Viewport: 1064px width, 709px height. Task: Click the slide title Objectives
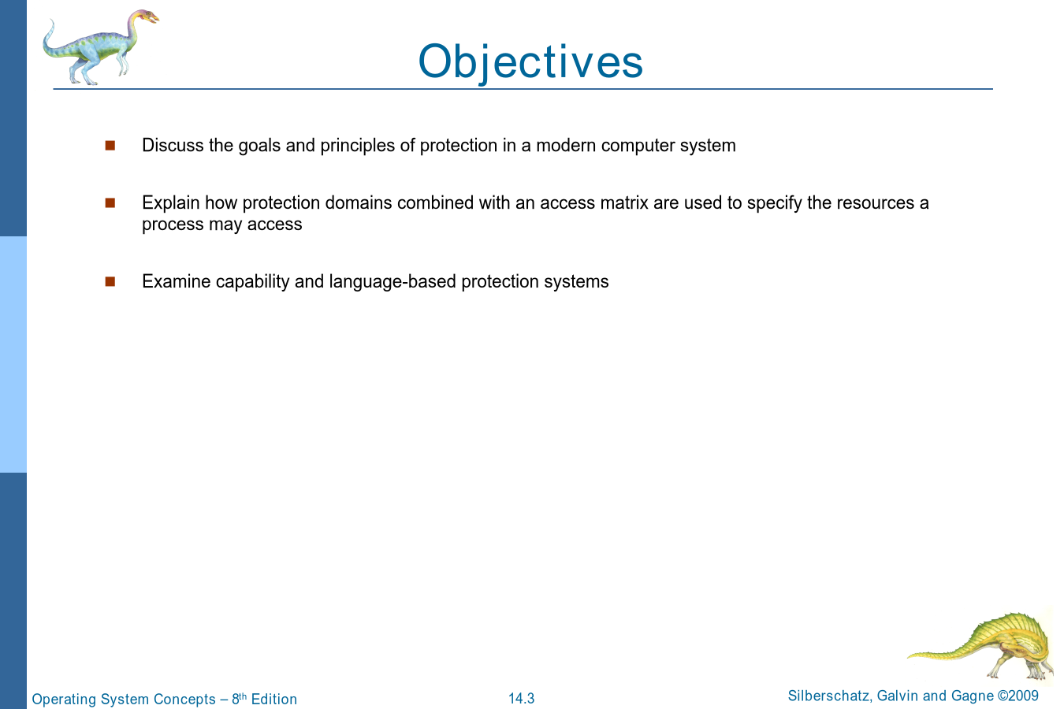530,61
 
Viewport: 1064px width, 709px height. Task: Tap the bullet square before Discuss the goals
110,145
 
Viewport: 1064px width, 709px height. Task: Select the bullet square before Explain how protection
110,202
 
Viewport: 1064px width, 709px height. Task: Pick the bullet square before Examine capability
110,281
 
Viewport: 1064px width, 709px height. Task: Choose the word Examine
177,281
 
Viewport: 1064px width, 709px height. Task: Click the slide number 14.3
521,699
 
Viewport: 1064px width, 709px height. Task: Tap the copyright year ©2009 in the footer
1018,696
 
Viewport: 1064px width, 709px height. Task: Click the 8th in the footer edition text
239,698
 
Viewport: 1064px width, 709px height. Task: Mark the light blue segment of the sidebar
13,354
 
